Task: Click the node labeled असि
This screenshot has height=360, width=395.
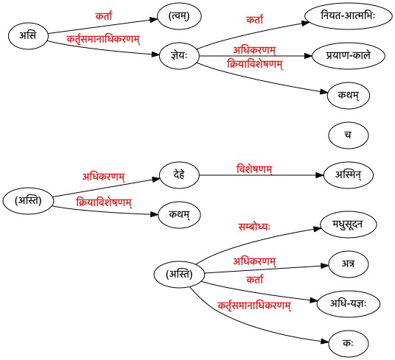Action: pos(28,36)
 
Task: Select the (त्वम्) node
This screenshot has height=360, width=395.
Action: pos(179,16)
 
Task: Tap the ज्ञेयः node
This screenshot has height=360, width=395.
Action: pos(179,56)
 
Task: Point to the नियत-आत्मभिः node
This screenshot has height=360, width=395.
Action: pos(349,16)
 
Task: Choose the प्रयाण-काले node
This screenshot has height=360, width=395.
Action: pos(349,56)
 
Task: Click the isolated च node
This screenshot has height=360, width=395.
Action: pos(349,135)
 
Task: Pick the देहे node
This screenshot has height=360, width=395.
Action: pos(179,175)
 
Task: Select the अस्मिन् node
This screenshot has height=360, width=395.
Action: pos(349,175)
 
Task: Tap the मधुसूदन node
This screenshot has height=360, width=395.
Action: pos(349,225)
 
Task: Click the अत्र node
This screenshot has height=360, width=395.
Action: pos(349,264)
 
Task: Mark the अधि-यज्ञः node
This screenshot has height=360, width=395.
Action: pos(349,304)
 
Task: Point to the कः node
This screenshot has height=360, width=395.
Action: pos(349,344)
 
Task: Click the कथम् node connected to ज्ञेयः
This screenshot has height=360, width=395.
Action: pos(349,96)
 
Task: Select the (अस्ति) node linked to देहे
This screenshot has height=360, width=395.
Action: pos(28,201)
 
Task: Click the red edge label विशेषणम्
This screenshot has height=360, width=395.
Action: pos(254,169)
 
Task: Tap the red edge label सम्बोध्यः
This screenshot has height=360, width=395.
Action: pos(254,227)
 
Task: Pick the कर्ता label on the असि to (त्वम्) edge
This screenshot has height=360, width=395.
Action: pos(104,16)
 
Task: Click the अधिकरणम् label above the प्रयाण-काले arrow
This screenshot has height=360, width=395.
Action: pos(254,50)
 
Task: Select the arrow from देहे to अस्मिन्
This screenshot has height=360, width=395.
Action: pos(261,175)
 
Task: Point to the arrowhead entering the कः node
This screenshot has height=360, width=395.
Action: pos(325,342)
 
